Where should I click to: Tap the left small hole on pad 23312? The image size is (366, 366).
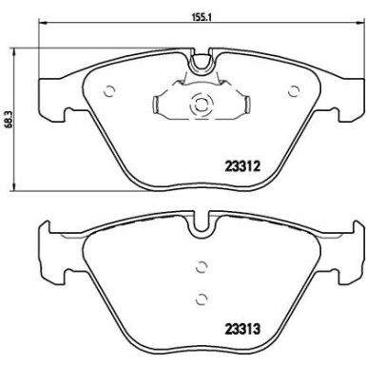click(x=108, y=92)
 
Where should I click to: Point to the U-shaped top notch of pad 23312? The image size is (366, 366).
click(x=199, y=64)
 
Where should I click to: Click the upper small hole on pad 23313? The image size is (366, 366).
click(x=199, y=268)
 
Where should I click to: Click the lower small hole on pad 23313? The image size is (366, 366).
click(x=199, y=298)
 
